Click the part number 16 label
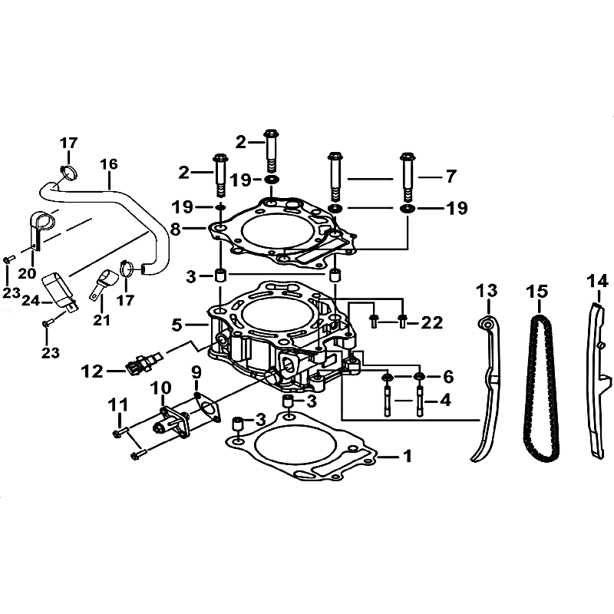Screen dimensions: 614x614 pos(108,163)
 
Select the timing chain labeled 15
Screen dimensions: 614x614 pos(540,384)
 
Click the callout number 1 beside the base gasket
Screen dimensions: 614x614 pos(408,456)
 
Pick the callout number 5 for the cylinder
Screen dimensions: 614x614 pos(177,325)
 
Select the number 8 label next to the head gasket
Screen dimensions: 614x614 pos(176,228)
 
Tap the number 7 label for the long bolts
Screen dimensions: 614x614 pos(449,177)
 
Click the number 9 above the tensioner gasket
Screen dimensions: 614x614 pos(196,373)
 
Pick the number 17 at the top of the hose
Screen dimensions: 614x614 pos(68,142)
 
